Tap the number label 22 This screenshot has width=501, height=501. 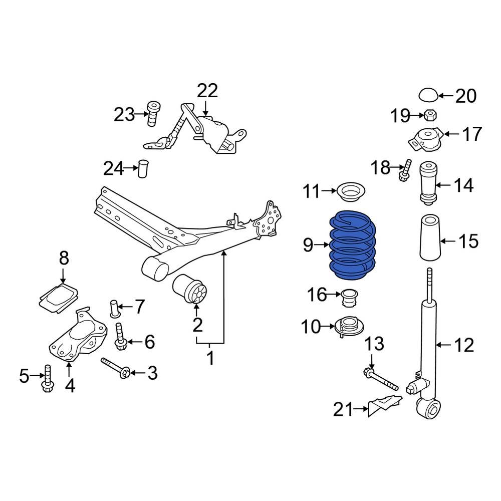point(207,91)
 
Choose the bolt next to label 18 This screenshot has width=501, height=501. point(405,170)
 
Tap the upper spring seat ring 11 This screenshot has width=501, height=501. point(351,191)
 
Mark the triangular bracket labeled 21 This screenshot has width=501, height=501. point(385,404)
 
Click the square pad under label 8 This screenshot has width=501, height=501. point(59,298)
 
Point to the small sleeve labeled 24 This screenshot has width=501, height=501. point(144,168)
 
